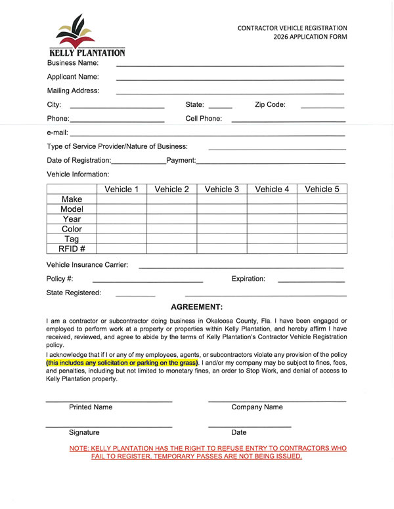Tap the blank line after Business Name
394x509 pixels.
(x=230, y=66)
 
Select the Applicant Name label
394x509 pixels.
(x=73, y=77)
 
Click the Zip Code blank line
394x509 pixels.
(x=322, y=107)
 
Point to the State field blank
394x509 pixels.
(x=220, y=107)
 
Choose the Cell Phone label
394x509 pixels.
(x=204, y=119)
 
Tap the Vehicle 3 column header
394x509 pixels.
(x=222, y=190)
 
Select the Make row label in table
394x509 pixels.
(x=72, y=199)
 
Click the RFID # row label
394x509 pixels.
(x=72, y=248)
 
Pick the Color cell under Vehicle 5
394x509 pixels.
(x=322, y=229)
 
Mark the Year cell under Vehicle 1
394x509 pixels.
(x=121, y=219)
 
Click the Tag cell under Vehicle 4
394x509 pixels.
(x=272, y=239)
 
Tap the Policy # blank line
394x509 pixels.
(x=148, y=282)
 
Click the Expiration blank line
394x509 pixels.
(x=311, y=282)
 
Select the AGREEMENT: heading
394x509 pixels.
(x=197, y=307)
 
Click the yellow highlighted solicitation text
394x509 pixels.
(x=122, y=363)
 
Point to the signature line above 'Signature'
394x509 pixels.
(x=109, y=426)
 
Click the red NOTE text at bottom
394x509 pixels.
(x=208, y=452)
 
